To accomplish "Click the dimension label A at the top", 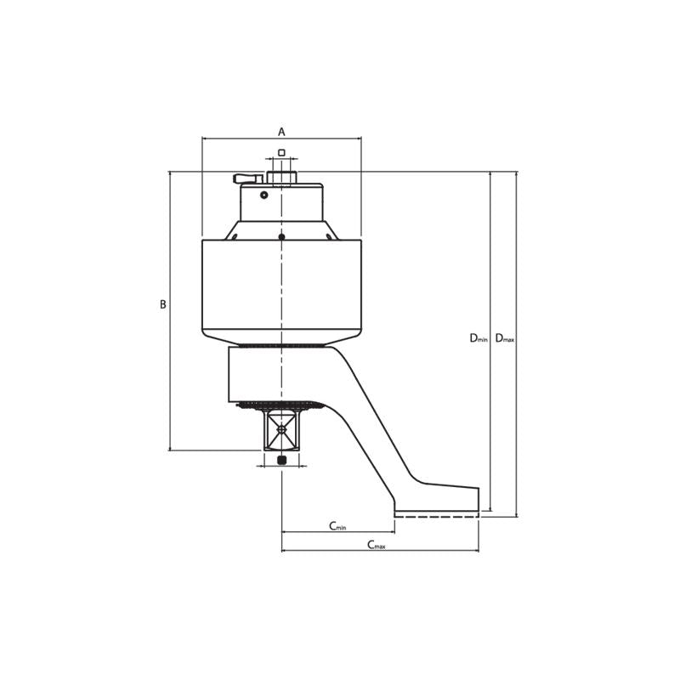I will coord(281,132).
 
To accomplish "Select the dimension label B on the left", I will coord(163,304).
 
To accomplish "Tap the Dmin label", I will coord(479,338).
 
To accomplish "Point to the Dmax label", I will coord(505,338).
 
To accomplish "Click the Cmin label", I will coord(337,526).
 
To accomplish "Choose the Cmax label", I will coord(376,545).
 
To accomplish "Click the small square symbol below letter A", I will coord(281,153).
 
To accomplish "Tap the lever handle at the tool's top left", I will coord(247,178).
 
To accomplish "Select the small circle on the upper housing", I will coord(264,195).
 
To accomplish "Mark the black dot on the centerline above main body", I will coord(281,236).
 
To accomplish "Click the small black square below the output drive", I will coord(282,460).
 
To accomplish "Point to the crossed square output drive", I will coord(281,429).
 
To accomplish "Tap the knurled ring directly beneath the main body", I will coord(281,345).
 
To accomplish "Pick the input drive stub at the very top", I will coord(281,178).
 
